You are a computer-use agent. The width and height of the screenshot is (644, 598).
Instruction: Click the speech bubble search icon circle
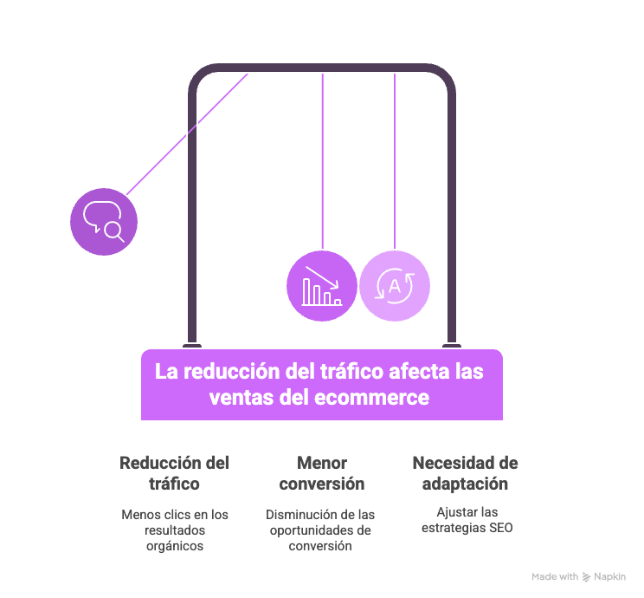pyautogui.click(x=104, y=220)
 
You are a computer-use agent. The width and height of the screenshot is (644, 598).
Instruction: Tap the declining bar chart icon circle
pyautogui.click(x=322, y=285)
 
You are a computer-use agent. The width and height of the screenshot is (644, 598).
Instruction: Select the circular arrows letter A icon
pyautogui.click(x=395, y=286)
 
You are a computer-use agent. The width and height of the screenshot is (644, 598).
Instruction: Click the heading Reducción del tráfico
pyautogui.click(x=174, y=473)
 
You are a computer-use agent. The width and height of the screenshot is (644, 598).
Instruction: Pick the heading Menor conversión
pyautogui.click(x=322, y=473)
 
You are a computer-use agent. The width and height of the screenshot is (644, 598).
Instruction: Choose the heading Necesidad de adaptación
pyautogui.click(x=465, y=473)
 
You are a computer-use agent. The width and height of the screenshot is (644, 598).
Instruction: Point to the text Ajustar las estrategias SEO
pyautogui.click(x=467, y=520)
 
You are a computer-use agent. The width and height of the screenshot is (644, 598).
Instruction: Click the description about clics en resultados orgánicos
pyautogui.click(x=175, y=530)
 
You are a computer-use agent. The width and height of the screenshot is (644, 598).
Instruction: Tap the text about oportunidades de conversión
pyautogui.click(x=321, y=530)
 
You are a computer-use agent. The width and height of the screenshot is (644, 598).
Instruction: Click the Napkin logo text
pyautogui.click(x=609, y=576)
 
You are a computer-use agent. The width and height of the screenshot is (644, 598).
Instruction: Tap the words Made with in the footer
pyautogui.click(x=555, y=576)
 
